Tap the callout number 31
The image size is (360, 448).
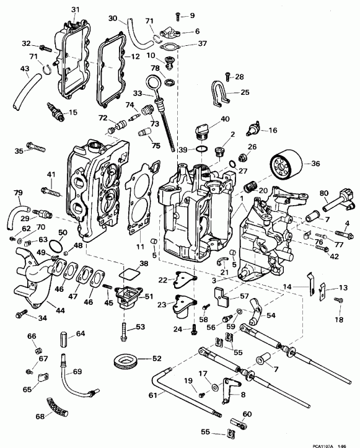[76, 9]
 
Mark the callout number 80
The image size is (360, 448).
[324, 193]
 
